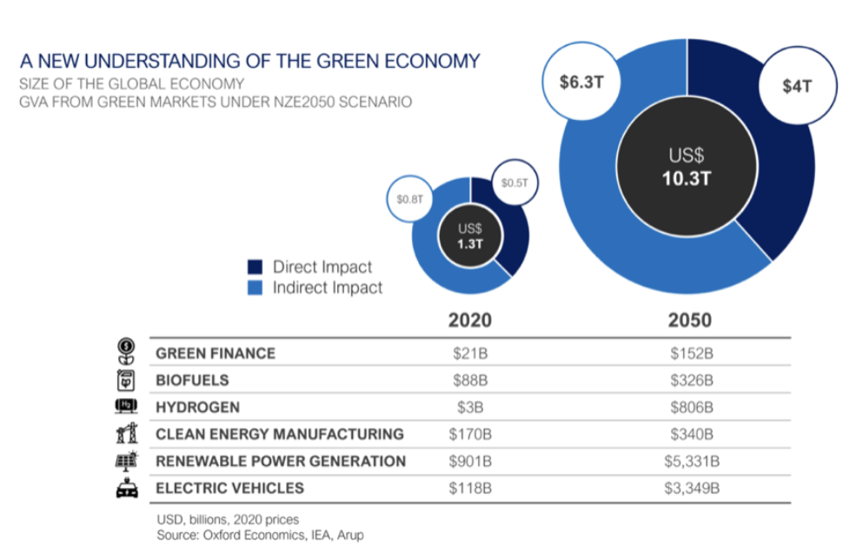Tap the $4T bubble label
click(x=796, y=86)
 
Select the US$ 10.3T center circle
click(x=686, y=167)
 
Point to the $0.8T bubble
click(x=409, y=199)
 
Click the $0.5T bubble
click(x=514, y=183)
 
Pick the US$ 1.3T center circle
click(x=470, y=236)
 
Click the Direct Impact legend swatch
click(x=256, y=267)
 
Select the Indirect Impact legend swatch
click(x=256, y=288)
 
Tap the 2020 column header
click(x=470, y=320)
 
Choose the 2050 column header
click(x=689, y=320)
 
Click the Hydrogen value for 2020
click(x=470, y=407)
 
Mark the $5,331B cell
click(x=691, y=461)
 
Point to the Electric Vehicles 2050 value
click(x=691, y=488)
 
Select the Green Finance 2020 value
click(x=470, y=353)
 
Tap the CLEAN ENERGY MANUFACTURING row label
click(x=279, y=434)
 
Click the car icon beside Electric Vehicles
click(x=127, y=488)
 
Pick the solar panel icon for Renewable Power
click(x=127, y=461)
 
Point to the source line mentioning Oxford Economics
click(x=260, y=535)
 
